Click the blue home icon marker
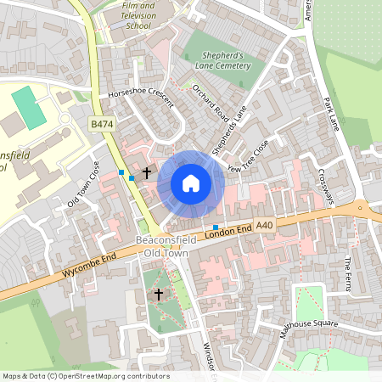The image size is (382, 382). (191, 183)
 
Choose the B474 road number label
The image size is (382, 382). (103, 124)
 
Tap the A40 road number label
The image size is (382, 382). (264, 225)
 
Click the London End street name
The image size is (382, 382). (228, 231)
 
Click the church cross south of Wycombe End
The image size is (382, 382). (158, 294)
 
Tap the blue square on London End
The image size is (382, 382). (216, 228)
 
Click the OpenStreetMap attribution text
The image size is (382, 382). (85, 376)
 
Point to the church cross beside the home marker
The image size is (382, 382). (146, 173)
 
